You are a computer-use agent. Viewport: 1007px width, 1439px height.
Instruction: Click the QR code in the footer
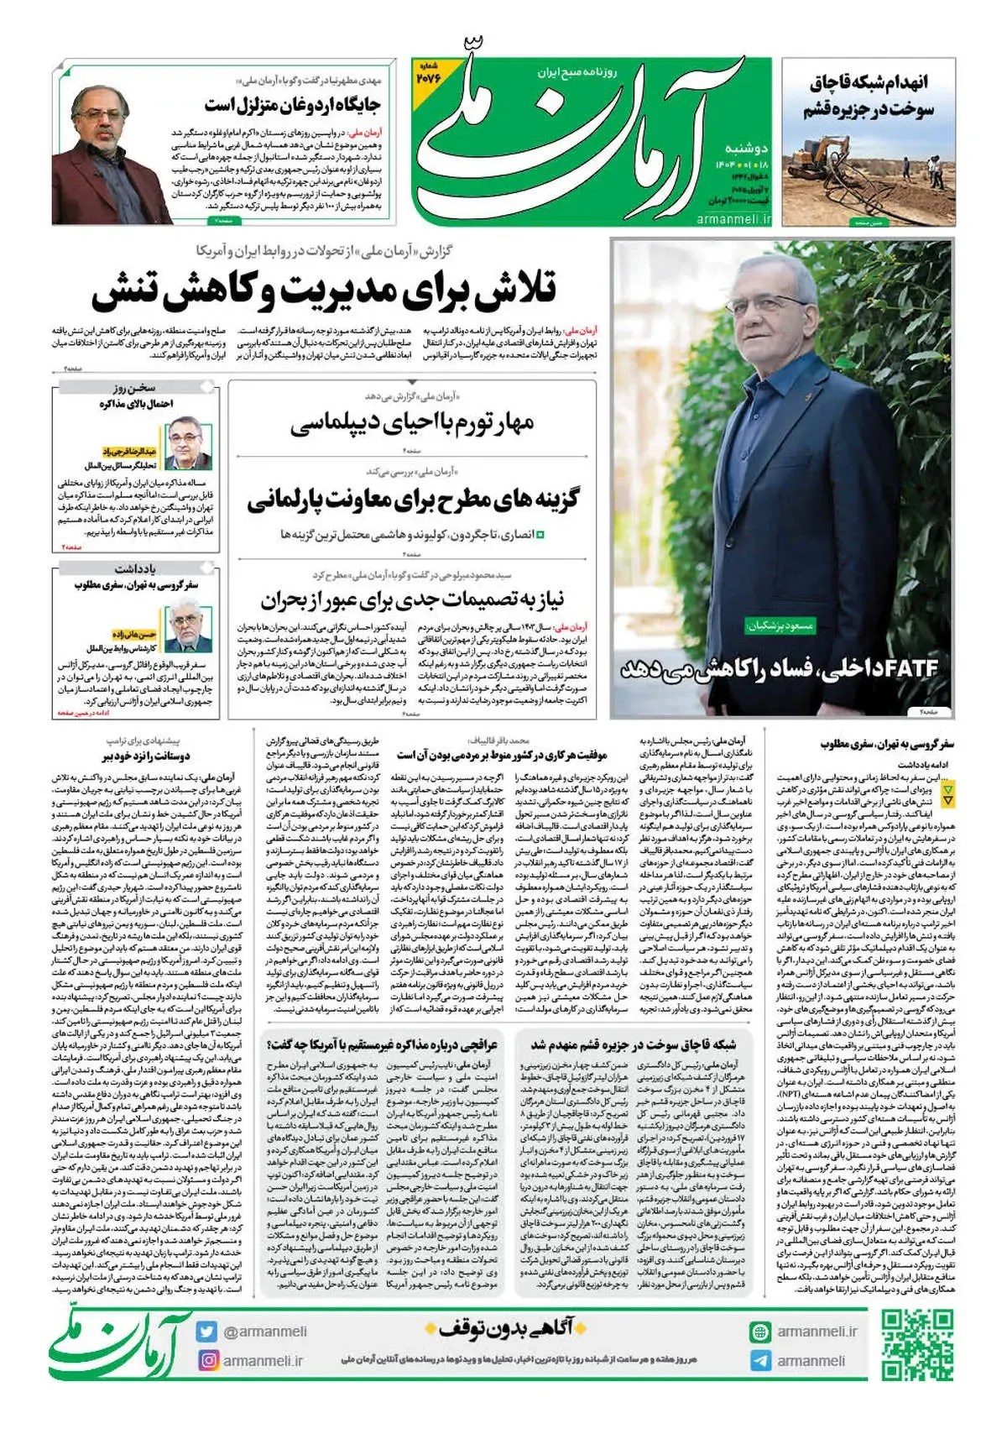pyautogui.click(x=917, y=1346)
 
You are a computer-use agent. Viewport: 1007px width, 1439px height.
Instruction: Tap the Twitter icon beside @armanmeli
pyautogui.click(x=207, y=1332)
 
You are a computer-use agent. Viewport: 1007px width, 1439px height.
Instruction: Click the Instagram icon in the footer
pyautogui.click(x=207, y=1360)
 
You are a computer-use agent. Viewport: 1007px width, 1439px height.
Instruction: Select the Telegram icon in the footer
pyautogui.click(x=760, y=1361)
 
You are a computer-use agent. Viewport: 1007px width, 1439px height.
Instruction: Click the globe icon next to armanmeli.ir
pyautogui.click(x=760, y=1332)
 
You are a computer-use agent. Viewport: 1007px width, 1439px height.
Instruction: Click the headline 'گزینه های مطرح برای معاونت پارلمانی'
pyautogui.click(x=412, y=500)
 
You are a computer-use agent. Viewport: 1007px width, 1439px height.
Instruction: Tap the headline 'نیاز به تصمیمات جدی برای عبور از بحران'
pyautogui.click(x=412, y=599)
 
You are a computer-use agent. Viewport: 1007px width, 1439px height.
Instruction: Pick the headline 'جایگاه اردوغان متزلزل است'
pyautogui.click(x=292, y=105)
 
